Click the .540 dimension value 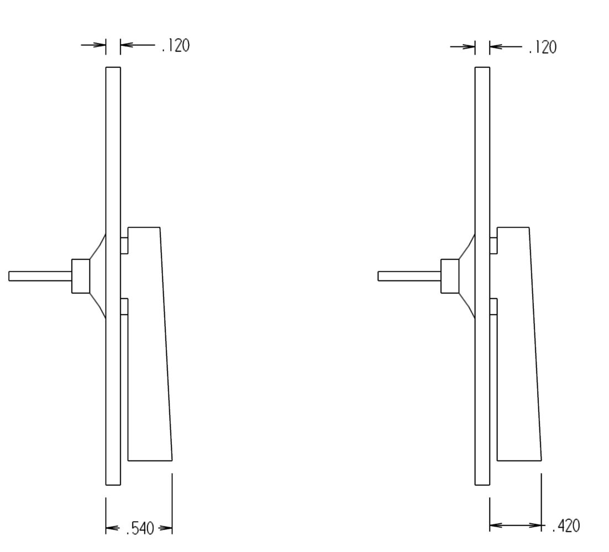click(140, 528)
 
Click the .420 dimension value click(566, 526)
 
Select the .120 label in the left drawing click(176, 46)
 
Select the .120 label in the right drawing click(543, 47)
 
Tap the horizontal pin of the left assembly click(40, 276)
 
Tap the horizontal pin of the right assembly click(410, 276)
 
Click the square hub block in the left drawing click(81, 276)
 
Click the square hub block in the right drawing click(450, 276)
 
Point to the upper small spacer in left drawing click(124, 245)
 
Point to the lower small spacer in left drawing click(124, 306)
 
